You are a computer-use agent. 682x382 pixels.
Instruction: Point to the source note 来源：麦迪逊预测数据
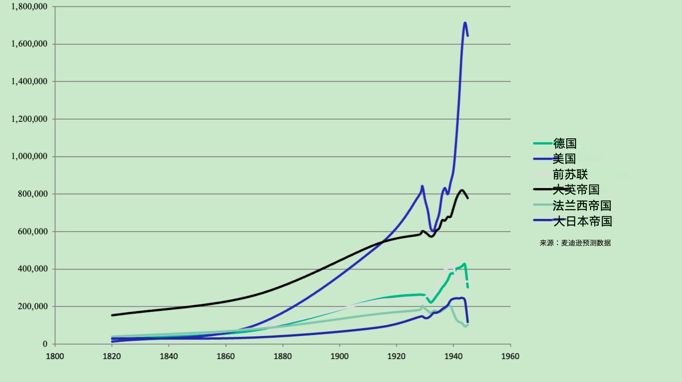point(575,243)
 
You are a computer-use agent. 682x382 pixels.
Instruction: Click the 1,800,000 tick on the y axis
point(29,7)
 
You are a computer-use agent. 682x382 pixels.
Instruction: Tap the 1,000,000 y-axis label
point(29,156)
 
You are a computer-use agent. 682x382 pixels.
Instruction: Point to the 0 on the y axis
point(45,344)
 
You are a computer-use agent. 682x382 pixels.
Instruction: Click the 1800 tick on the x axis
point(55,356)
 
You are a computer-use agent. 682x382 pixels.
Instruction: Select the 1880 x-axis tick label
point(283,356)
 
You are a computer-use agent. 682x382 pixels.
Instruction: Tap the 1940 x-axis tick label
point(453,356)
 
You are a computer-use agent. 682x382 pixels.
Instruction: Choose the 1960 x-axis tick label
point(510,356)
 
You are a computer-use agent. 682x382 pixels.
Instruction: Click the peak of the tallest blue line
point(465,23)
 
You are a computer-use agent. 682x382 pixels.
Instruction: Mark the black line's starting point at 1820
point(112,315)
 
